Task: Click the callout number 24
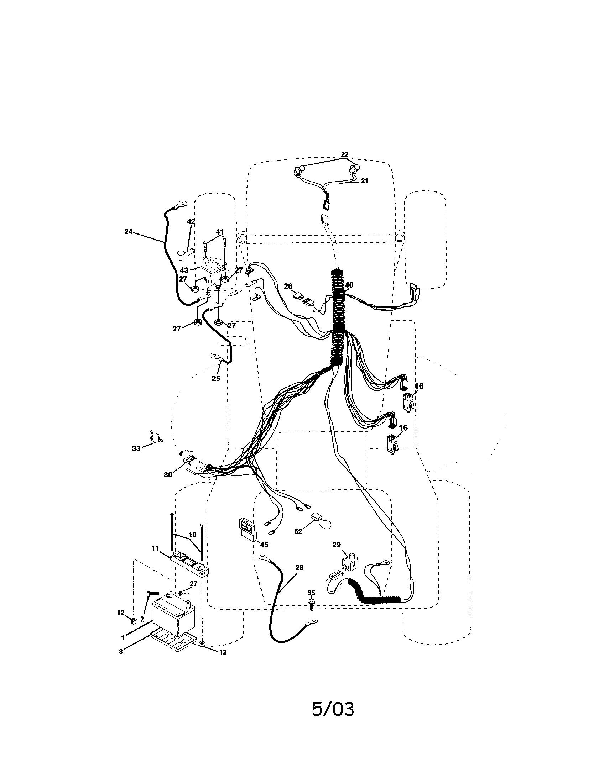pyautogui.click(x=128, y=232)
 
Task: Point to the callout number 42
pyautogui.click(x=191, y=222)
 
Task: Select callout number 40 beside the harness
pyautogui.click(x=349, y=285)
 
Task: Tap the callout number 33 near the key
pyautogui.click(x=136, y=448)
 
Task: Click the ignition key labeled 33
pyautogui.click(x=153, y=437)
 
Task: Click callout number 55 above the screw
pyautogui.click(x=311, y=593)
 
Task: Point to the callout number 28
pyautogui.click(x=299, y=568)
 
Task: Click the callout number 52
pyautogui.click(x=298, y=531)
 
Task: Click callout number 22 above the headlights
pyautogui.click(x=344, y=154)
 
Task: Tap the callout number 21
pyautogui.click(x=364, y=181)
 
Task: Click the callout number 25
pyautogui.click(x=215, y=378)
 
